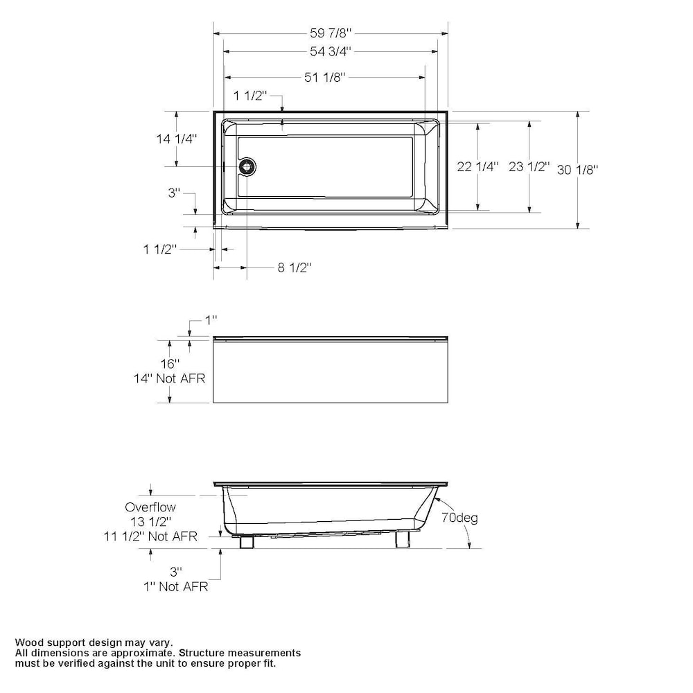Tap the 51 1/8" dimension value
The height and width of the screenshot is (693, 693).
click(324, 77)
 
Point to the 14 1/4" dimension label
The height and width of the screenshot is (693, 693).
click(176, 139)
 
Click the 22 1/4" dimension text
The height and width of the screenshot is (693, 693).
click(477, 166)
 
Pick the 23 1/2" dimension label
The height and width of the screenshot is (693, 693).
click(529, 166)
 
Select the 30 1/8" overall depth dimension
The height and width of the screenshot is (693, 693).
click(577, 169)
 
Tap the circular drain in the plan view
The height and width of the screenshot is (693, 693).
click(247, 166)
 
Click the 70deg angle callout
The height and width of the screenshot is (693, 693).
click(460, 518)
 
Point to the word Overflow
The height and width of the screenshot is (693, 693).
click(150, 507)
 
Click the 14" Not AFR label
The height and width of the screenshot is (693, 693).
click(170, 378)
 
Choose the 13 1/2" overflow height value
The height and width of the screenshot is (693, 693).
click(150, 521)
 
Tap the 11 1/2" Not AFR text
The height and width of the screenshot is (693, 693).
click(150, 536)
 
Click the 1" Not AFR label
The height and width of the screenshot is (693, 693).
click(175, 586)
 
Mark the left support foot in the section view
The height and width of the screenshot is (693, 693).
click(245, 541)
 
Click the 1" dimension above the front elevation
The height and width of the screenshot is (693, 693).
click(211, 319)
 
